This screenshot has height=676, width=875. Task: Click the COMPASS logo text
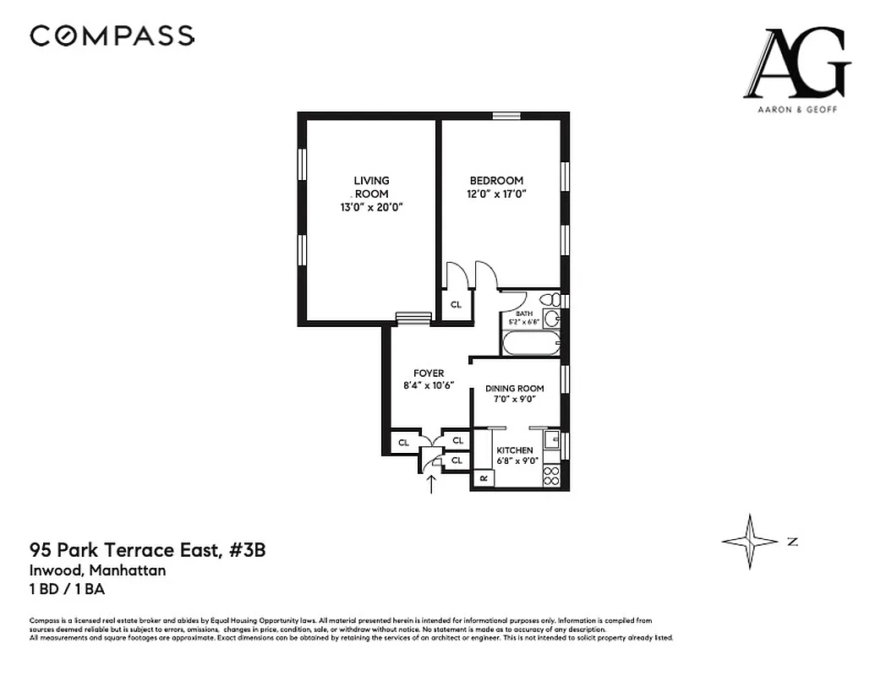pyautogui.click(x=112, y=35)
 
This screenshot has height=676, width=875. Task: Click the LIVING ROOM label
pyautogui.click(x=371, y=187)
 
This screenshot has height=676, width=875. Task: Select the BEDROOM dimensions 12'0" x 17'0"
pyautogui.click(x=496, y=194)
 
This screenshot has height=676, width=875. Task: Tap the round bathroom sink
pyautogui.click(x=551, y=319)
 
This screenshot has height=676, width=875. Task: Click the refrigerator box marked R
pyautogui.click(x=484, y=478)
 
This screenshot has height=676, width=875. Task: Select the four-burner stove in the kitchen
pyautogui.click(x=551, y=476)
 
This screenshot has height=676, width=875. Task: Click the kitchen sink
pyautogui.click(x=551, y=439)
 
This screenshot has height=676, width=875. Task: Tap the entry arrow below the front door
pyautogui.click(x=432, y=484)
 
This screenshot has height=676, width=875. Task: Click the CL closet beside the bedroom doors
pyautogui.click(x=456, y=304)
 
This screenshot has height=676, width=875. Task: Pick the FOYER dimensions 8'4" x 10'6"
pyautogui.click(x=429, y=386)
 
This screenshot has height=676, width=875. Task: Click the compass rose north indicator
pyautogui.click(x=750, y=542)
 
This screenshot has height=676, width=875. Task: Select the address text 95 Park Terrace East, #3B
pyautogui.click(x=148, y=551)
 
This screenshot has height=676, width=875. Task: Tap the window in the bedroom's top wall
pyautogui.click(x=506, y=116)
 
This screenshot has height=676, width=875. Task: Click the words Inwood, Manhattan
pyautogui.click(x=97, y=570)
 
